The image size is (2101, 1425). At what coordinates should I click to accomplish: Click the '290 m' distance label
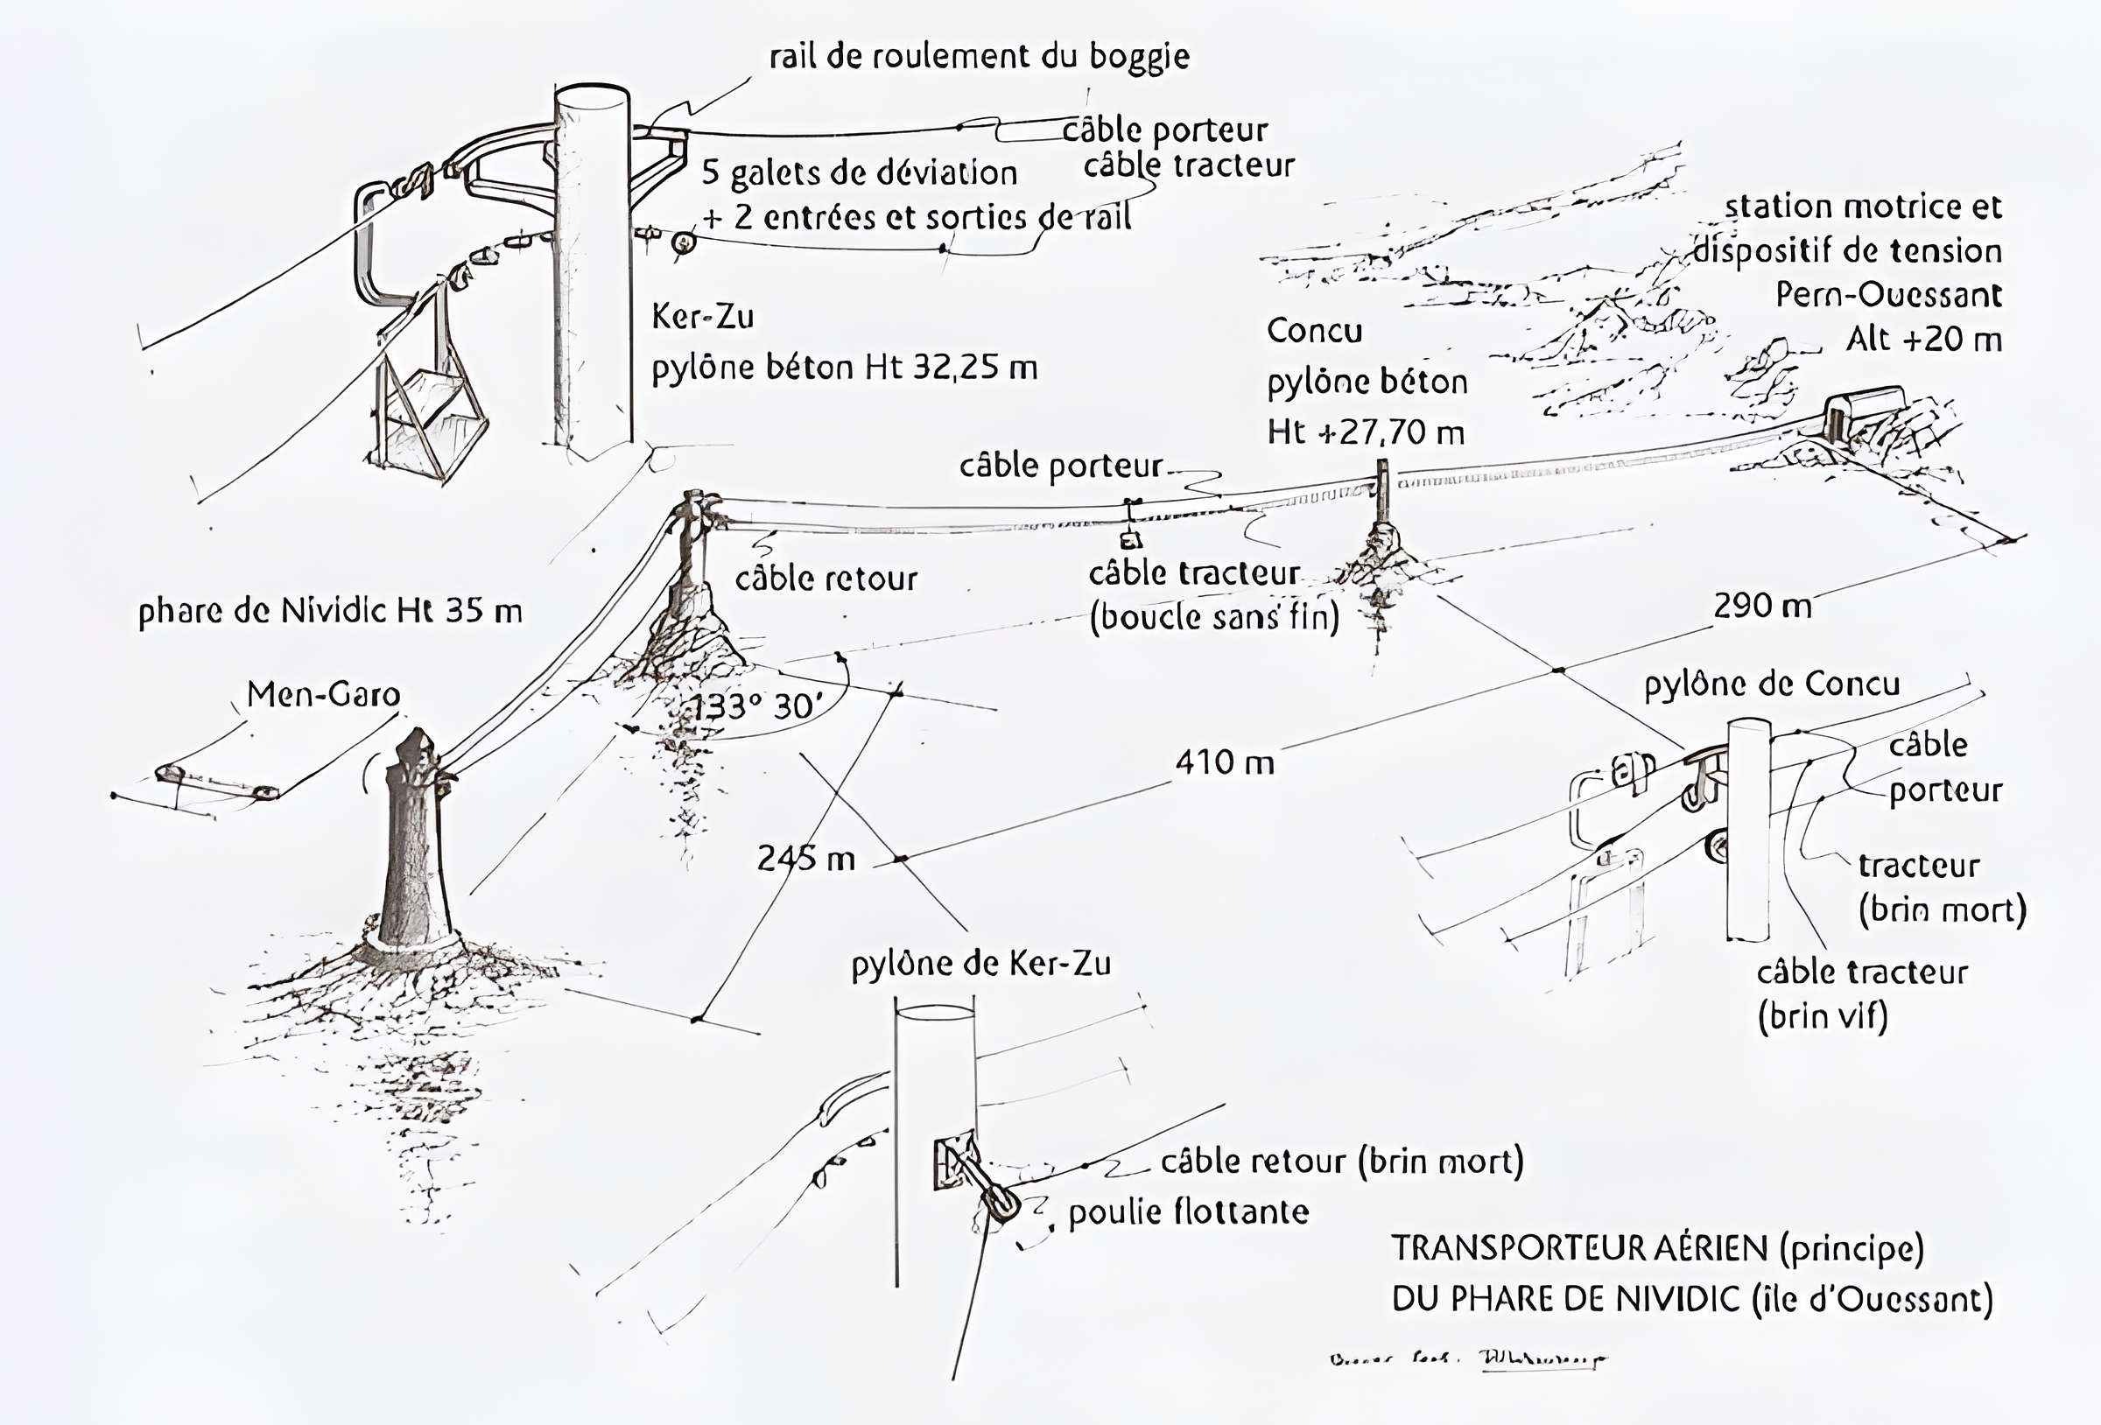tap(1762, 606)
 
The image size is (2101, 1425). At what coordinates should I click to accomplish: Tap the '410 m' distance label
tap(1225, 762)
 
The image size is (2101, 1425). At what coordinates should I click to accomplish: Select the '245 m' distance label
tap(805, 858)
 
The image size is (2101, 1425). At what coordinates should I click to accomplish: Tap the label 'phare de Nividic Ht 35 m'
tap(330, 611)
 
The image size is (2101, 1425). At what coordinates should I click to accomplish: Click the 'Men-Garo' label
tap(324, 694)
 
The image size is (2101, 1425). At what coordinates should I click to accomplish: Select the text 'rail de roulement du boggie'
tap(979, 56)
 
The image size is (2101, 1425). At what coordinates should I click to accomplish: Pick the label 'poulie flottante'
tap(1188, 1211)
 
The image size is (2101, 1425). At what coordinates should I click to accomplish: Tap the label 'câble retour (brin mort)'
tap(1342, 1161)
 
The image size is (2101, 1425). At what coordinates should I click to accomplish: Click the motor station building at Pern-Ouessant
tap(1861, 411)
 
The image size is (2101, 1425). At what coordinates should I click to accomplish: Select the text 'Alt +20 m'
tap(1924, 339)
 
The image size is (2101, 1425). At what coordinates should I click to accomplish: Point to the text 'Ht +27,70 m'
tap(1365, 432)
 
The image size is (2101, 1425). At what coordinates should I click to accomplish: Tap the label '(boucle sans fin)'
tap(1213, 618)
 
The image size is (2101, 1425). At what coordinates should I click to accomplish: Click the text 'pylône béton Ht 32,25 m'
tap(845, 367)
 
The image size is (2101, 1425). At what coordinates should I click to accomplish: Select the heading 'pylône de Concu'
tap(1771, 684)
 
